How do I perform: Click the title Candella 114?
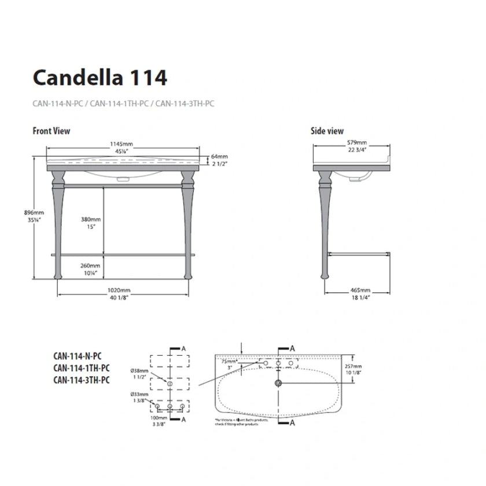point(100,78)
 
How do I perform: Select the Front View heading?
point(51,131)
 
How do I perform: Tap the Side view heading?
point(327,131)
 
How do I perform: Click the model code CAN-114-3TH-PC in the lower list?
point(81,380)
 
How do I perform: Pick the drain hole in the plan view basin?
point(279,383)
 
